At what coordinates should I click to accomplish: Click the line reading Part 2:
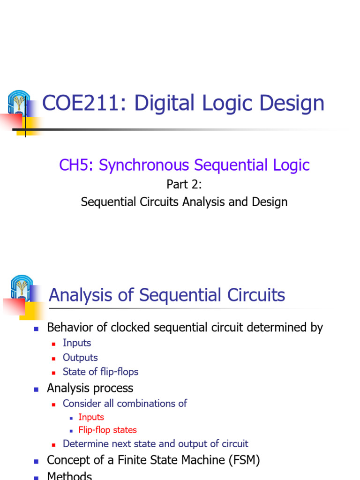(184, 185)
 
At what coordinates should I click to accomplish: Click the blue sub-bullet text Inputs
(77, 343)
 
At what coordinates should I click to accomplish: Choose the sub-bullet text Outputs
(80, 357)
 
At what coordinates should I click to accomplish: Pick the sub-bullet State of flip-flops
(100, 372)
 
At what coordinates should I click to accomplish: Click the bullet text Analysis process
(90, 388)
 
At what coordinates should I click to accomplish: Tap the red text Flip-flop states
(107, 430)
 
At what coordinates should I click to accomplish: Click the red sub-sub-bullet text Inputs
(91, 417)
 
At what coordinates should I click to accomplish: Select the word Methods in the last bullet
(69, 476)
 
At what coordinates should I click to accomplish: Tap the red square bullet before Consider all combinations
(54, 404)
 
